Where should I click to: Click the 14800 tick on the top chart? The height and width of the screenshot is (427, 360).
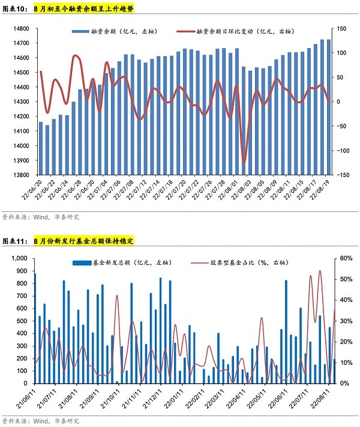click(20, 28)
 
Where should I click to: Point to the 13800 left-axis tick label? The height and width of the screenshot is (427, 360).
click(20, 175)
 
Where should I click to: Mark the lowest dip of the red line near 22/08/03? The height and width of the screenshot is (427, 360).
click(244, 162)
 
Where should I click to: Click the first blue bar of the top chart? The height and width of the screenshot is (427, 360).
click(41, 148)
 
